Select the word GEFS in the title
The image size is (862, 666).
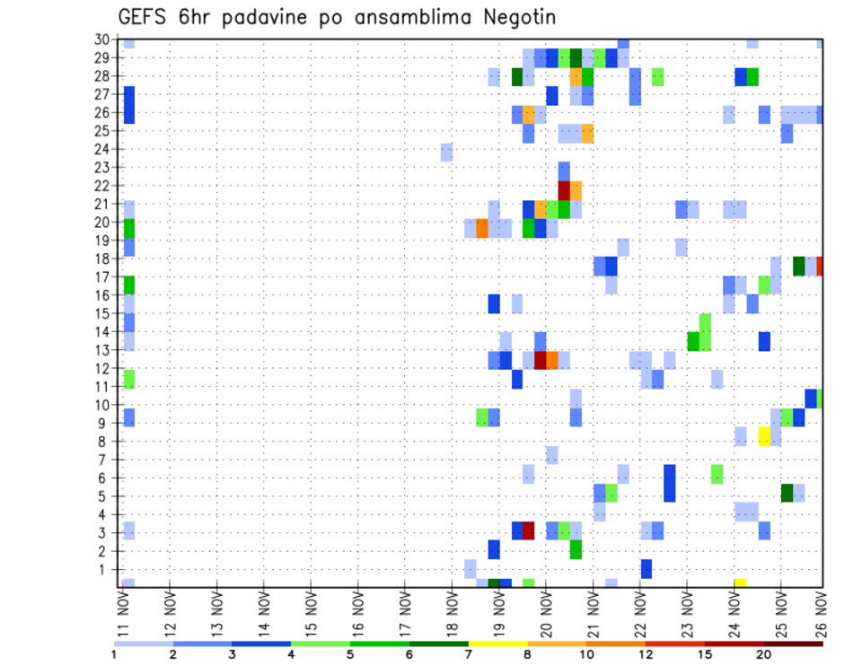(141, 18)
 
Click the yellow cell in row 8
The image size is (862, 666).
(764, 436)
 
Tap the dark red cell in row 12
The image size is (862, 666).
(541, 360)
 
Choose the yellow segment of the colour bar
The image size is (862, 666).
(498, 644)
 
